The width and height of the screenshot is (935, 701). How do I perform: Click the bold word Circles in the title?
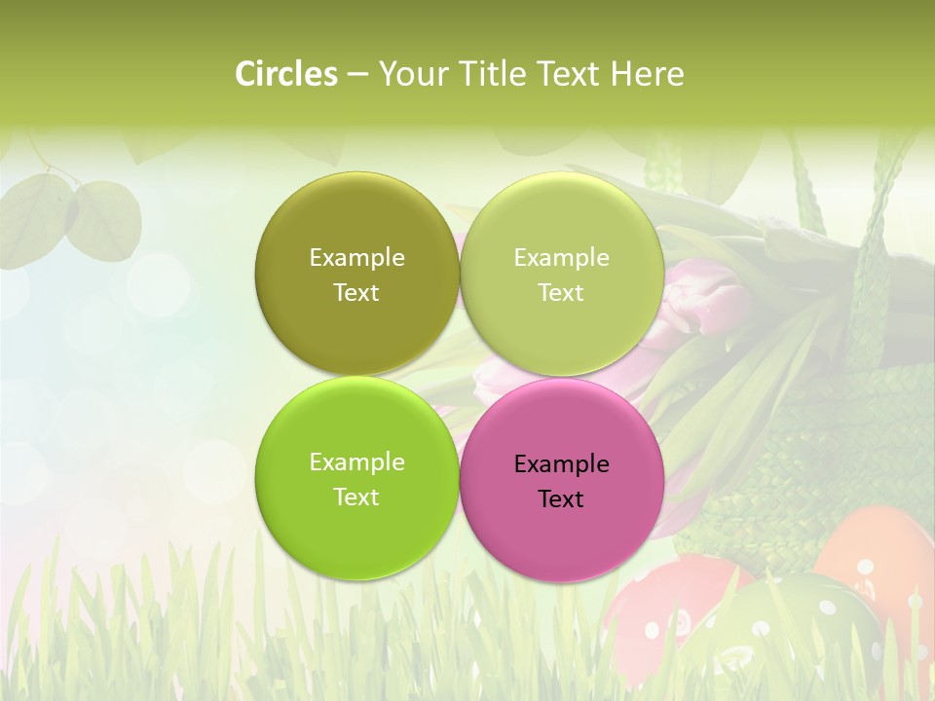(286, 74)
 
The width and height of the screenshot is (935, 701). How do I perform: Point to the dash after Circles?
(357, 75)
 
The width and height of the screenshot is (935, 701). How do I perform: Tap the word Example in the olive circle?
(356, 258)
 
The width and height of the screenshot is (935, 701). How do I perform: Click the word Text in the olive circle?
(356, 293)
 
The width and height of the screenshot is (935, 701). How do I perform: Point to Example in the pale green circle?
(561, 258)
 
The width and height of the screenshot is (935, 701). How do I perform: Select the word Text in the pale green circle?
(561, 293)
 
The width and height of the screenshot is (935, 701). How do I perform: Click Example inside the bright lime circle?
(356, 462)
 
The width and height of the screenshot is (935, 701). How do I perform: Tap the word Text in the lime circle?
(356, 498)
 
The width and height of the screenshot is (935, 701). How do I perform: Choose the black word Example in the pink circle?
(561, 464)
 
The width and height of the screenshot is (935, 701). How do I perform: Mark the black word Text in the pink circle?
(561, 499)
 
